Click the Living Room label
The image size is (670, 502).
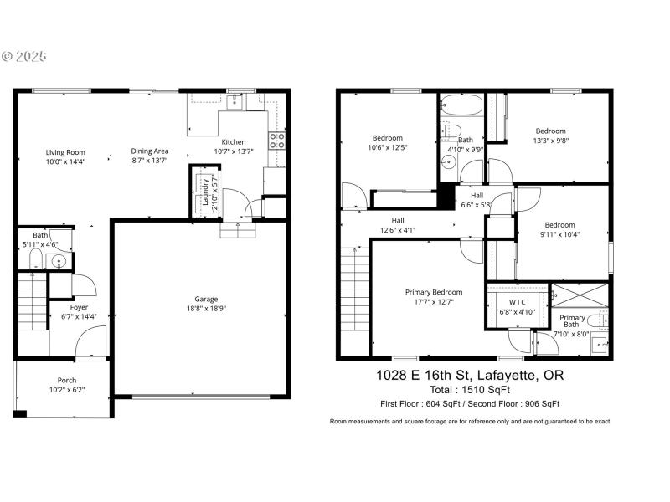[x=65, y=151]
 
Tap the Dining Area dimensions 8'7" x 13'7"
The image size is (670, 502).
[x=150, y=161]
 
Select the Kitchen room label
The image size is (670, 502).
[x=233, y=141]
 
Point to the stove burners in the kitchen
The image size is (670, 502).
[x=276, y=141]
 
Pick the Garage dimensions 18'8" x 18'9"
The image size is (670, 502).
[x=206, y=308]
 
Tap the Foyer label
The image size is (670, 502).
[x=79, y=307]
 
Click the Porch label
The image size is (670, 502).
[x=67, y=380]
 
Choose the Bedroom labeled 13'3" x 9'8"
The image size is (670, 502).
[x=551, y=131]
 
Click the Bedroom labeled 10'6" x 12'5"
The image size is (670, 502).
[x=388, y=138]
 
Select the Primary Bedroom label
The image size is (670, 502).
[x=433, y=292]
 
